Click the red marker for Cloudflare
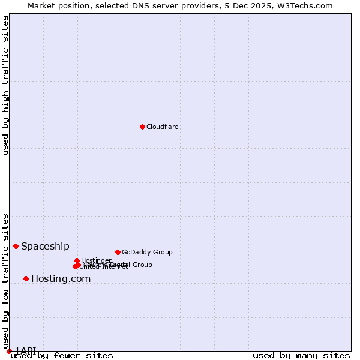click(142, 127)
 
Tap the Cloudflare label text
click(163, 127)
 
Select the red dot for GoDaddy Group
click(118, 252)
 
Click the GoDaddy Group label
click(147, 252)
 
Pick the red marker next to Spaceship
click(16, 246)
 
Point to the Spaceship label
click(45, 246)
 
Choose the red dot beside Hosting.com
click(26, 278)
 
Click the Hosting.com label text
click(61, 278)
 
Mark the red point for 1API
click(9, 350)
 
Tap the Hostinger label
click(97, 260)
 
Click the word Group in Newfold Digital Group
click(142, 265)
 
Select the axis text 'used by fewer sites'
click(62, 355)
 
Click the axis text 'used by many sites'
click(301, 355)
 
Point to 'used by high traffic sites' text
click(6, 85)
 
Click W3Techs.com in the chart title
click(309, 5)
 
